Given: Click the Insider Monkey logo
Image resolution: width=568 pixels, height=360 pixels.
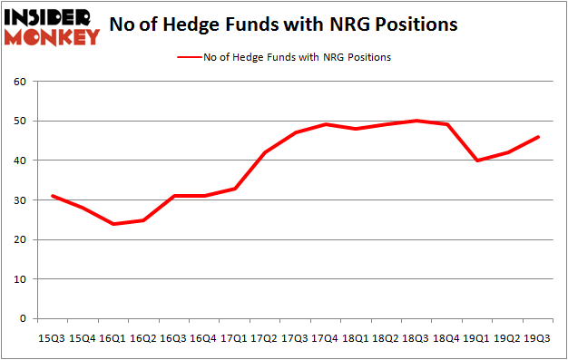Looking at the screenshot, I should (53, 26).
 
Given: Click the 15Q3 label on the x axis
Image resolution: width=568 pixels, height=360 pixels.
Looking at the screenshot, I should (52, 337).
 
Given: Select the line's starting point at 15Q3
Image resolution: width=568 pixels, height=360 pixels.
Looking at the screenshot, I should (52, 196).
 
